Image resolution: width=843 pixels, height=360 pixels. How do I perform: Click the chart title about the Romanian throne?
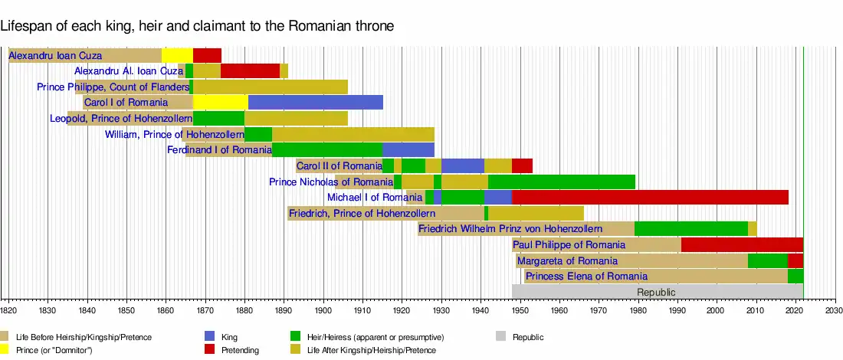pos(197,26)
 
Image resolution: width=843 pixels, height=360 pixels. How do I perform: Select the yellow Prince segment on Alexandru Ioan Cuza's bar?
pos(177,55)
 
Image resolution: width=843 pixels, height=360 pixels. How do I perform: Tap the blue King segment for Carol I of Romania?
pos(315,103)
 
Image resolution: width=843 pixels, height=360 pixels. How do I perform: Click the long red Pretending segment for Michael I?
pos(650,197)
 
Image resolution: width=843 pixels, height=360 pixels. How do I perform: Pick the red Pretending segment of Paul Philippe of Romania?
pos(742,244)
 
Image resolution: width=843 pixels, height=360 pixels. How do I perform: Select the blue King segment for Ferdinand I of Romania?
pos(408,149)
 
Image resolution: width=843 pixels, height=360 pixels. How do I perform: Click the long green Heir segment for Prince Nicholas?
pos(562,182)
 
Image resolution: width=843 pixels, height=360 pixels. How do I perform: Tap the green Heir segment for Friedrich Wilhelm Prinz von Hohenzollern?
pos(690,228)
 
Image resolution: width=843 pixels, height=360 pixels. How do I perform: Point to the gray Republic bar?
pos(657,292)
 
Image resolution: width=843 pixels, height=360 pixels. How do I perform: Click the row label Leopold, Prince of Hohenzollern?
pos(121,119)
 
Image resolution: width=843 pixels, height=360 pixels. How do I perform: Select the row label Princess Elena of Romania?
pos(586,276)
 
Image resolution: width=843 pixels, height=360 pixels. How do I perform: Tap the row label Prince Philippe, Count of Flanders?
pos(113,87)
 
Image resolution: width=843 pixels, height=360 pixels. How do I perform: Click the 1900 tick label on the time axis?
pos(323,310)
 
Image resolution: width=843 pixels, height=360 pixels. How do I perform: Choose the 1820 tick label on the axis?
pos(8,310)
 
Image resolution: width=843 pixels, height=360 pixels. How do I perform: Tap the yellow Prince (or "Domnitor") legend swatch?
pos(5,350)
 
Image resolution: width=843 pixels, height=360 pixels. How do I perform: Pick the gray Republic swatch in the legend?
pos(501,335)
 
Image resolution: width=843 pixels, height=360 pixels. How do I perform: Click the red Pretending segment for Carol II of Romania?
pos(522,165)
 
